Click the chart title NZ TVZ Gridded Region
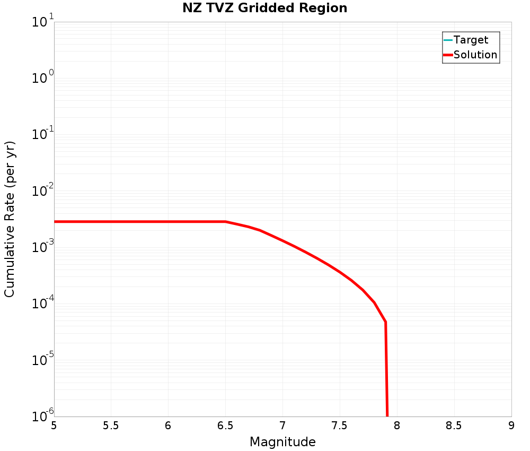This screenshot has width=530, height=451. [264, 8]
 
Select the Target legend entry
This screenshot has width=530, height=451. [471, 40]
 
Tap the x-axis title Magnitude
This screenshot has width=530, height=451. [282, 441]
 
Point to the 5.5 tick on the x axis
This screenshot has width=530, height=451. [111, 425]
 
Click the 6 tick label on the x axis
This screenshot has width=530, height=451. [168, 425]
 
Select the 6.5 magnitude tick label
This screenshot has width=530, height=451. [225, 425]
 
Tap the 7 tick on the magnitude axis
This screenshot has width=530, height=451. [282, 425]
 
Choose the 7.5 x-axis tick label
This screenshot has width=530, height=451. [340, 425]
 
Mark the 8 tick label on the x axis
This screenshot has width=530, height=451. [397, 425]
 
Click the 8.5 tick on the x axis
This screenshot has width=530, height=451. [454, 425]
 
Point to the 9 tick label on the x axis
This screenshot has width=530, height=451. [511, 425]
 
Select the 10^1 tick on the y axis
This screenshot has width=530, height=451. [43, 22]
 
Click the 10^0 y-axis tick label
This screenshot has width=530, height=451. [43, 79]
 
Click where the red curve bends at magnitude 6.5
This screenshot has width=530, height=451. [226, 221]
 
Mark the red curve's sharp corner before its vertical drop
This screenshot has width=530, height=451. [385, 322]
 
